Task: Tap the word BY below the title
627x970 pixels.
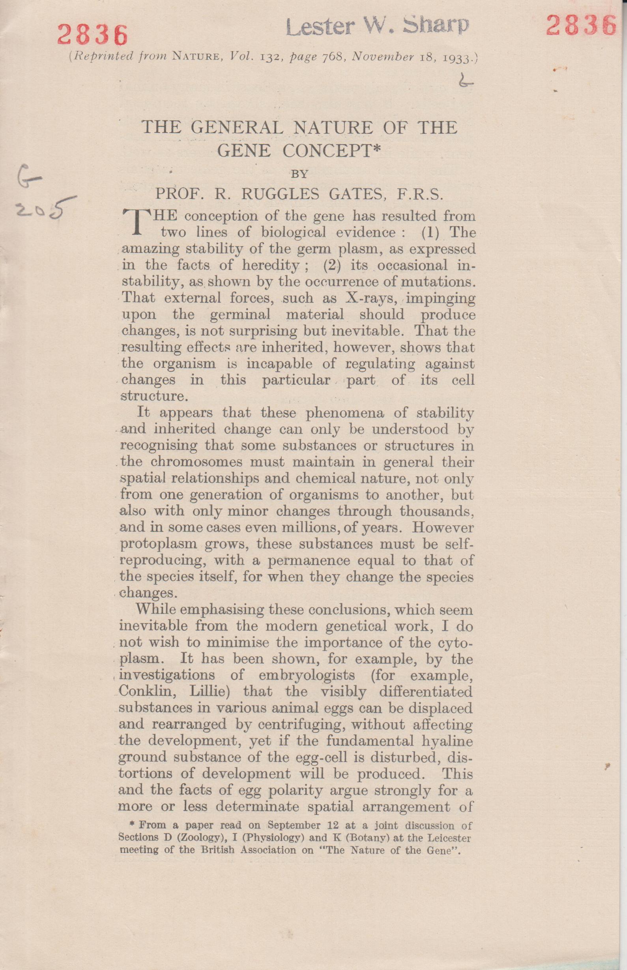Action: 299,174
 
